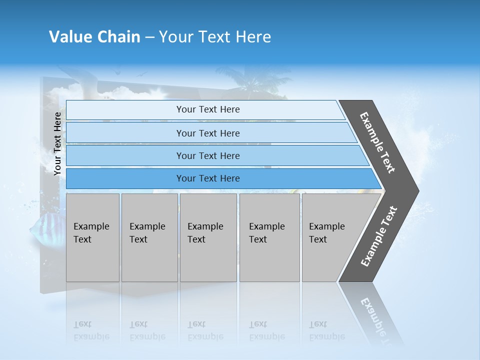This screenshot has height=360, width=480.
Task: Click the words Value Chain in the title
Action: click(94, 36)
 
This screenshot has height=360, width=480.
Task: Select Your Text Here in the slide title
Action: click(215, 36)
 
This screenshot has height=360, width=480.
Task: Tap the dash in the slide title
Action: click(149, 37)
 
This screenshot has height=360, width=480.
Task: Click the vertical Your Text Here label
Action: click(57, 143)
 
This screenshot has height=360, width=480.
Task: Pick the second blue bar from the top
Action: click(207, 133)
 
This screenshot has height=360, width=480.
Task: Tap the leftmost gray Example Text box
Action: click(92, 237)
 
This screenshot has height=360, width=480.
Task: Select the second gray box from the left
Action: click(149, 237)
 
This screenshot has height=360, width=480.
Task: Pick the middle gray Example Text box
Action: click(208, 237)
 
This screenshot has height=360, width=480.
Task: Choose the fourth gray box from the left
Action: click(269, 237)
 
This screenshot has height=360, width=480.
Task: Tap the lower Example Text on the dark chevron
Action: click(379, 236)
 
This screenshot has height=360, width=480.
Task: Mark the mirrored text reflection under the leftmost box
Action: click(91, 330)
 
